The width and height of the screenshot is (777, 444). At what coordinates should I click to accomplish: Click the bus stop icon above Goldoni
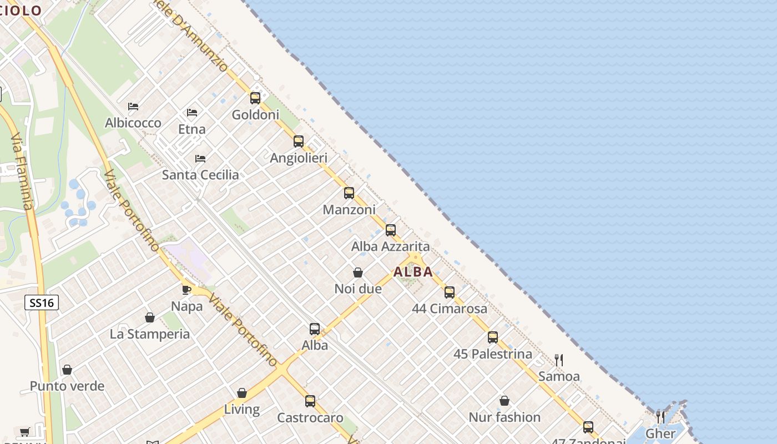(255, 98)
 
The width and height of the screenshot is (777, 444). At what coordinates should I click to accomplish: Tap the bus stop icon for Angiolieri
(299, 142)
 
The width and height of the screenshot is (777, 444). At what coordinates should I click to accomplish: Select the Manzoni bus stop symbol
(349, 193)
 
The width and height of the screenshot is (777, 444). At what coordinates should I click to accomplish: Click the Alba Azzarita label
(390, 246)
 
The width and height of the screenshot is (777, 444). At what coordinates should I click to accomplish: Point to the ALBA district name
(413, 272)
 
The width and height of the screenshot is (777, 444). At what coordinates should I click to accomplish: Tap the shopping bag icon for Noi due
(358, 273)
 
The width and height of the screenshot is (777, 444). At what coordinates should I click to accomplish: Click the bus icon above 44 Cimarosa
(450, 292)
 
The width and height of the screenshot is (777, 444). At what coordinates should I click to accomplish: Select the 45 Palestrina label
(492, 354)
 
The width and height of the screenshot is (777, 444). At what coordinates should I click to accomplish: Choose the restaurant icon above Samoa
(559, 360)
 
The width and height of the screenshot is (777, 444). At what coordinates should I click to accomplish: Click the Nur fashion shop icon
(504, 401)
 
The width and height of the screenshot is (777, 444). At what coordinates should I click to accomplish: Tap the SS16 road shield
(42, 302)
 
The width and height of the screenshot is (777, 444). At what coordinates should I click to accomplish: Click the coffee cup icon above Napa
(186, 290)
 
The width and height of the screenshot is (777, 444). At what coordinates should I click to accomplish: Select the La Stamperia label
(150, 334)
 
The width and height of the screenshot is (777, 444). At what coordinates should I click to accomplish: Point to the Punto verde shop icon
(67, 370)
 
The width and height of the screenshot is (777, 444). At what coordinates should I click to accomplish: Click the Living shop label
(241, 410)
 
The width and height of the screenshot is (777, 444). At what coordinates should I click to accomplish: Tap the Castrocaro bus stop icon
(310, 401)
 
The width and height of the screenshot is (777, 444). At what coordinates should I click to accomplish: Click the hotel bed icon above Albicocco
(133, 106)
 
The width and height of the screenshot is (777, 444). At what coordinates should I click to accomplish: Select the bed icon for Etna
(192, 113)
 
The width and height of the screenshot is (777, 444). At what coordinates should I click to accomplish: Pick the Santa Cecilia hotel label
(200, 175)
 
